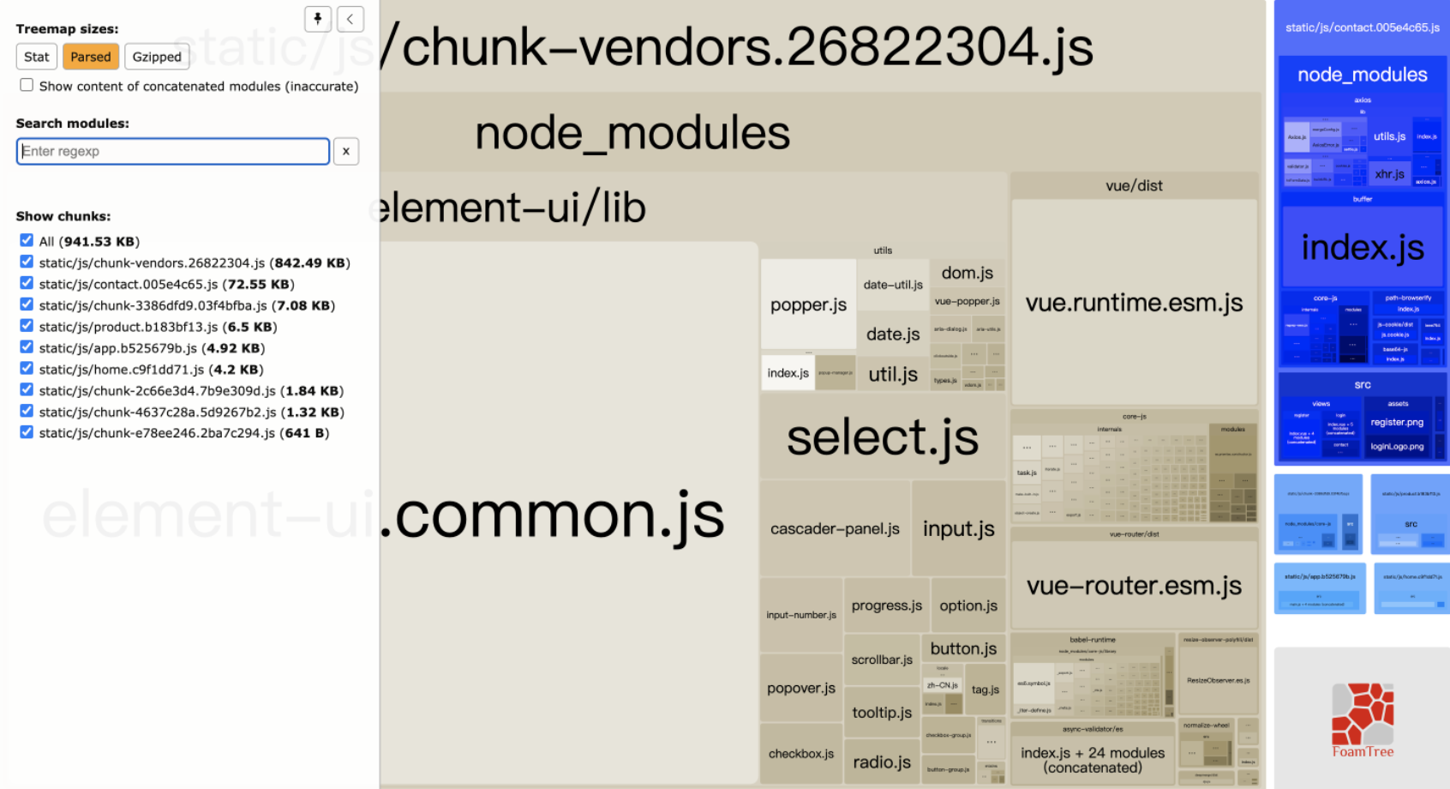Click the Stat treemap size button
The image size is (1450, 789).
(36, 57)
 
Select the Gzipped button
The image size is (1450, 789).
(157, 57)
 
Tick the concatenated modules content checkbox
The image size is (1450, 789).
(27, 85)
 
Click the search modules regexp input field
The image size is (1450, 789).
(172, 151)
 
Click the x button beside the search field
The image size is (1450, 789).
(345, 151)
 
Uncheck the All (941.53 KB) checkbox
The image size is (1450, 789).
(27, 241)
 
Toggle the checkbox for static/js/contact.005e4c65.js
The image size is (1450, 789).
(27, 284)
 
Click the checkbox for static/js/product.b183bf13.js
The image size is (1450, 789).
(27, 326)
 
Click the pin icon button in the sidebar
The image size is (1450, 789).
(318, 19)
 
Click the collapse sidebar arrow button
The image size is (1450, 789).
(350, 19)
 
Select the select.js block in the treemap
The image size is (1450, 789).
(882, 437)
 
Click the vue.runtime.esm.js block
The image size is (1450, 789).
(1134, 303)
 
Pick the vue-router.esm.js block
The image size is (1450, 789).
(1134, 585)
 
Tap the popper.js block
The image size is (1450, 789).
(808, 304)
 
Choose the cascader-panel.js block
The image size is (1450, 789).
(835, 529)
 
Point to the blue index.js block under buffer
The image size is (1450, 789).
(1363, 247)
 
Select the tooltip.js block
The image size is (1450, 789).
(882, 713)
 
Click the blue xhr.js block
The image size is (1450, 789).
(1389, 174)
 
